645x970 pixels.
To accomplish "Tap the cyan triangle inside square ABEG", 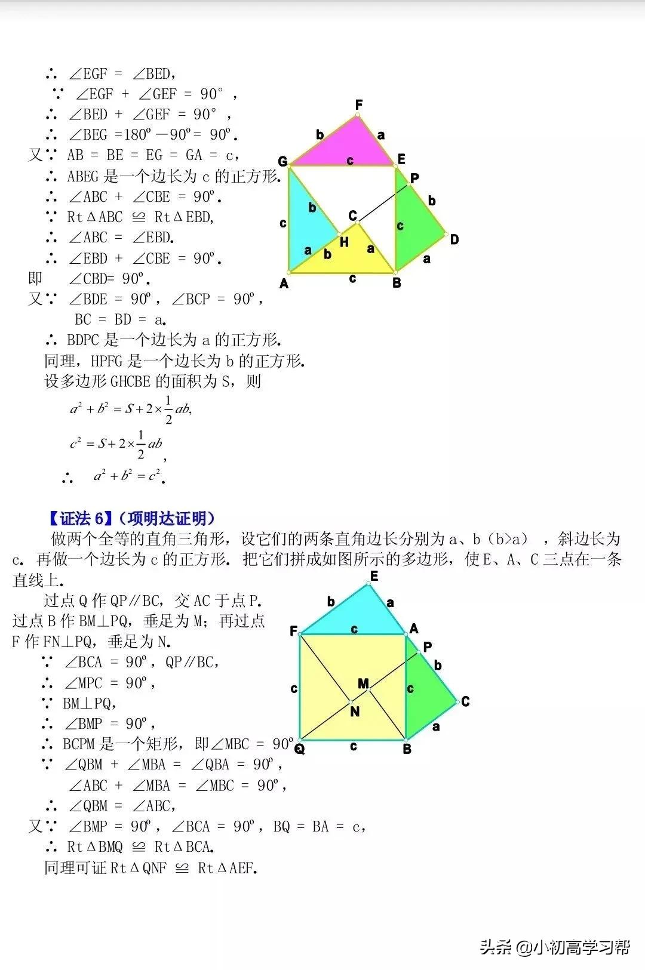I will [x=308, y=221].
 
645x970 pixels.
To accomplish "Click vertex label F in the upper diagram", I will [x=358, y=105].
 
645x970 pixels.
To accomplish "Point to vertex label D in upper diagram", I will [x=454, y=239].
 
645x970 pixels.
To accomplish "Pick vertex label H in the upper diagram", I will [x=344, y=242].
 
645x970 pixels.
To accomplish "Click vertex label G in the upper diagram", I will [x=282, y=161].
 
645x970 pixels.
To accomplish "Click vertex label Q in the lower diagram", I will [x=299, y=749].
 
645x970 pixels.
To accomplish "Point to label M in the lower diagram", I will [x=363, y=683].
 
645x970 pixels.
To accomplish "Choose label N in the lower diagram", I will [x=355, y=711].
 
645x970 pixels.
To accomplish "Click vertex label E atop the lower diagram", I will [x=374, y=576].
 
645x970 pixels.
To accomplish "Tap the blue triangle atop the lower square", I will [x=358, y=615].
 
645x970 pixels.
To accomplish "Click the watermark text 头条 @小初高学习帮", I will [x=555, y=947].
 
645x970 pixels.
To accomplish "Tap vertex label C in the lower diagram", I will [x=465, y=701].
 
